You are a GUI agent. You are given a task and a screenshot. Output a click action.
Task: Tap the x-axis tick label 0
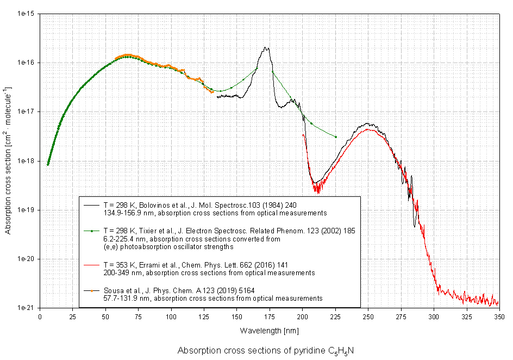(40, 316)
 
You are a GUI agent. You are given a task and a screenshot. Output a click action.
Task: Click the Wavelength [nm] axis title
(268, 330)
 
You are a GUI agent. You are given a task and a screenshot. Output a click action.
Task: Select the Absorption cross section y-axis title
(9, 160)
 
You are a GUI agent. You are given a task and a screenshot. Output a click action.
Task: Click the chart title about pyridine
(266, 351)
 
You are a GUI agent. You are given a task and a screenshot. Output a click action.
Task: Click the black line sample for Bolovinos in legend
(91, 205)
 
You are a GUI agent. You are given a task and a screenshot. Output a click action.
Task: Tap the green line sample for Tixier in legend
(91, 231)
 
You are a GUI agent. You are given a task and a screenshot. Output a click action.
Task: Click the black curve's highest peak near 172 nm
(266, 48)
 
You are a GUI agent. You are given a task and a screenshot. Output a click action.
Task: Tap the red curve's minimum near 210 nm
(316, 190)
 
